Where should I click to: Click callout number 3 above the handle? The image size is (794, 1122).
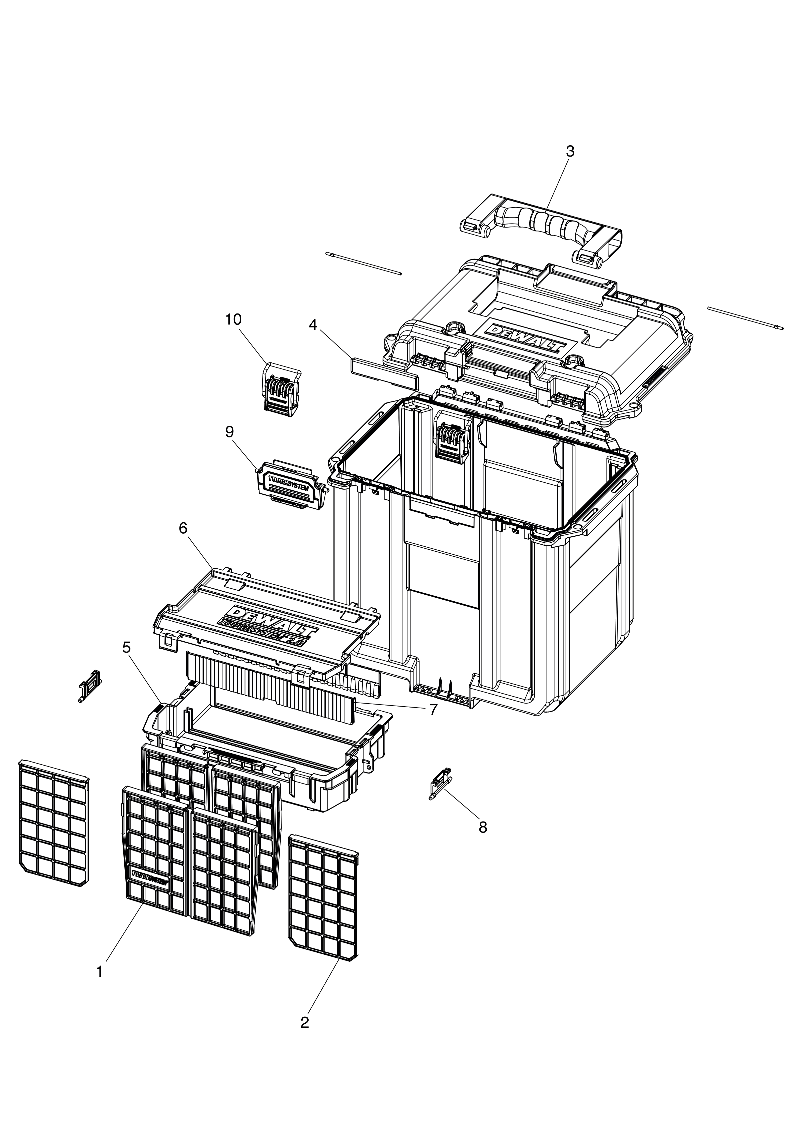pos(570,152)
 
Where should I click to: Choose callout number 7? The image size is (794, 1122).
pos(433,710)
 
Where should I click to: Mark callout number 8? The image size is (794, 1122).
pos(483,827)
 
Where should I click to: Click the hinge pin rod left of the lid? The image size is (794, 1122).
pos(363,264)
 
